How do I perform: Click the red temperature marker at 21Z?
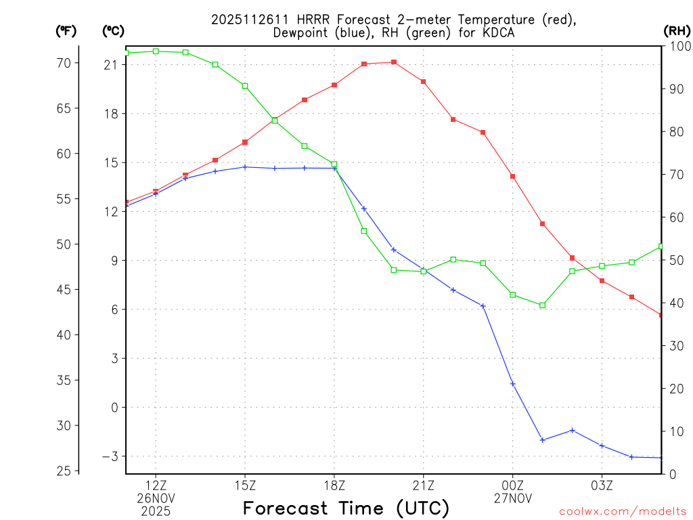click(424, 81)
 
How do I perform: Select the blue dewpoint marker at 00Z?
click(513, 384)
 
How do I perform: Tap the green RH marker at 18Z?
click(334, 164)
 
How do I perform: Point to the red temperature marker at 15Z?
click(245, 142)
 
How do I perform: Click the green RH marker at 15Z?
click(245, 86)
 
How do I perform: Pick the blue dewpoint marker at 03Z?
click(602, 446)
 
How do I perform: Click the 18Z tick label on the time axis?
click(334, 485)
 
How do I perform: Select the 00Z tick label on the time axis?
click(513, 485)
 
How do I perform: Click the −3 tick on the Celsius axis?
click(110, 456)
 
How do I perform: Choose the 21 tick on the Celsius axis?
click(112, 65)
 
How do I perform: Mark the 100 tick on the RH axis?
click(677, 46)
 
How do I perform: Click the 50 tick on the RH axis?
click(675, 260)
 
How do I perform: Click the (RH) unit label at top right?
click(677, 30)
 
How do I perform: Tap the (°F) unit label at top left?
click(66, 30)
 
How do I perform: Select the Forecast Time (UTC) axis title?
click(346, 508)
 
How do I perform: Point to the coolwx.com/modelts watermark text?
click(623, 511)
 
